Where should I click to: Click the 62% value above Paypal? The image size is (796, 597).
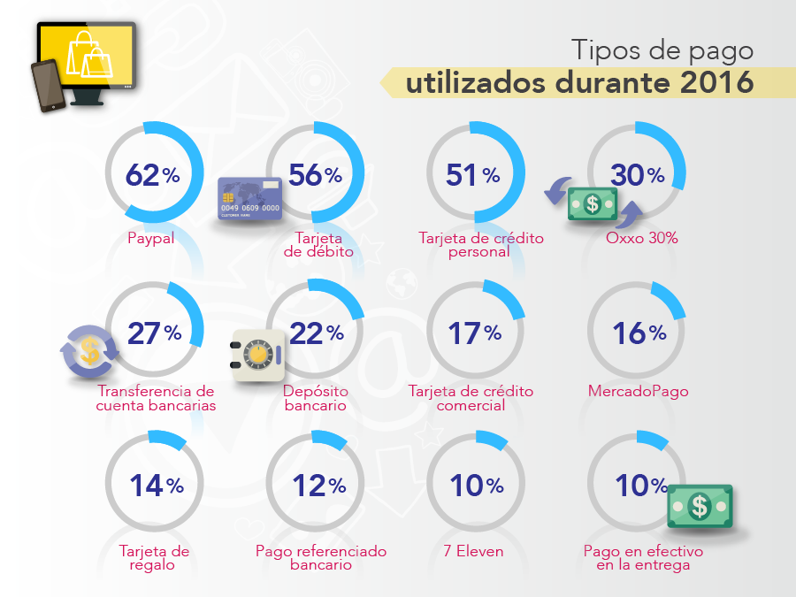tap(153, 175)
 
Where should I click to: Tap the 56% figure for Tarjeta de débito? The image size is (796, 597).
tap(315, 175)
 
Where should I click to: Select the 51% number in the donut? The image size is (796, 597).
tap(473, 175)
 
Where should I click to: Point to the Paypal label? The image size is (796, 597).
tap(150, 239)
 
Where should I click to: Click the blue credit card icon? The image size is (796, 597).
tap(250, 198)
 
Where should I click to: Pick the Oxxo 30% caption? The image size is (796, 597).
tap(642, 239)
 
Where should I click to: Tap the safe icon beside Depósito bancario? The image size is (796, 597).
tap(256, 356)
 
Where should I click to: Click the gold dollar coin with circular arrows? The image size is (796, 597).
tap(89, 351)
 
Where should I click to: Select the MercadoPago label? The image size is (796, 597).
tap(638, 391)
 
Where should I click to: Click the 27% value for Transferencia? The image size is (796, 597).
tap(155, 333)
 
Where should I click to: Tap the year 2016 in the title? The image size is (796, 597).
tap(717, 83)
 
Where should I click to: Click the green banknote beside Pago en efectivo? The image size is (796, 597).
tap(700, 507)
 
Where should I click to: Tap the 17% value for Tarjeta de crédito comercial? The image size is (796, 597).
tap(475, 333)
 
